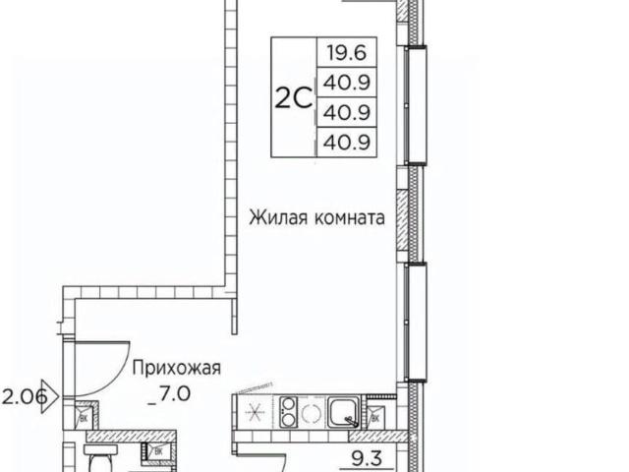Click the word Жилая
tap(276, 216)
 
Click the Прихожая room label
tap(176, 369)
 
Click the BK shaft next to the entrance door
tap(83, 418)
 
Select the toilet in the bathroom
tap(98, 460)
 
